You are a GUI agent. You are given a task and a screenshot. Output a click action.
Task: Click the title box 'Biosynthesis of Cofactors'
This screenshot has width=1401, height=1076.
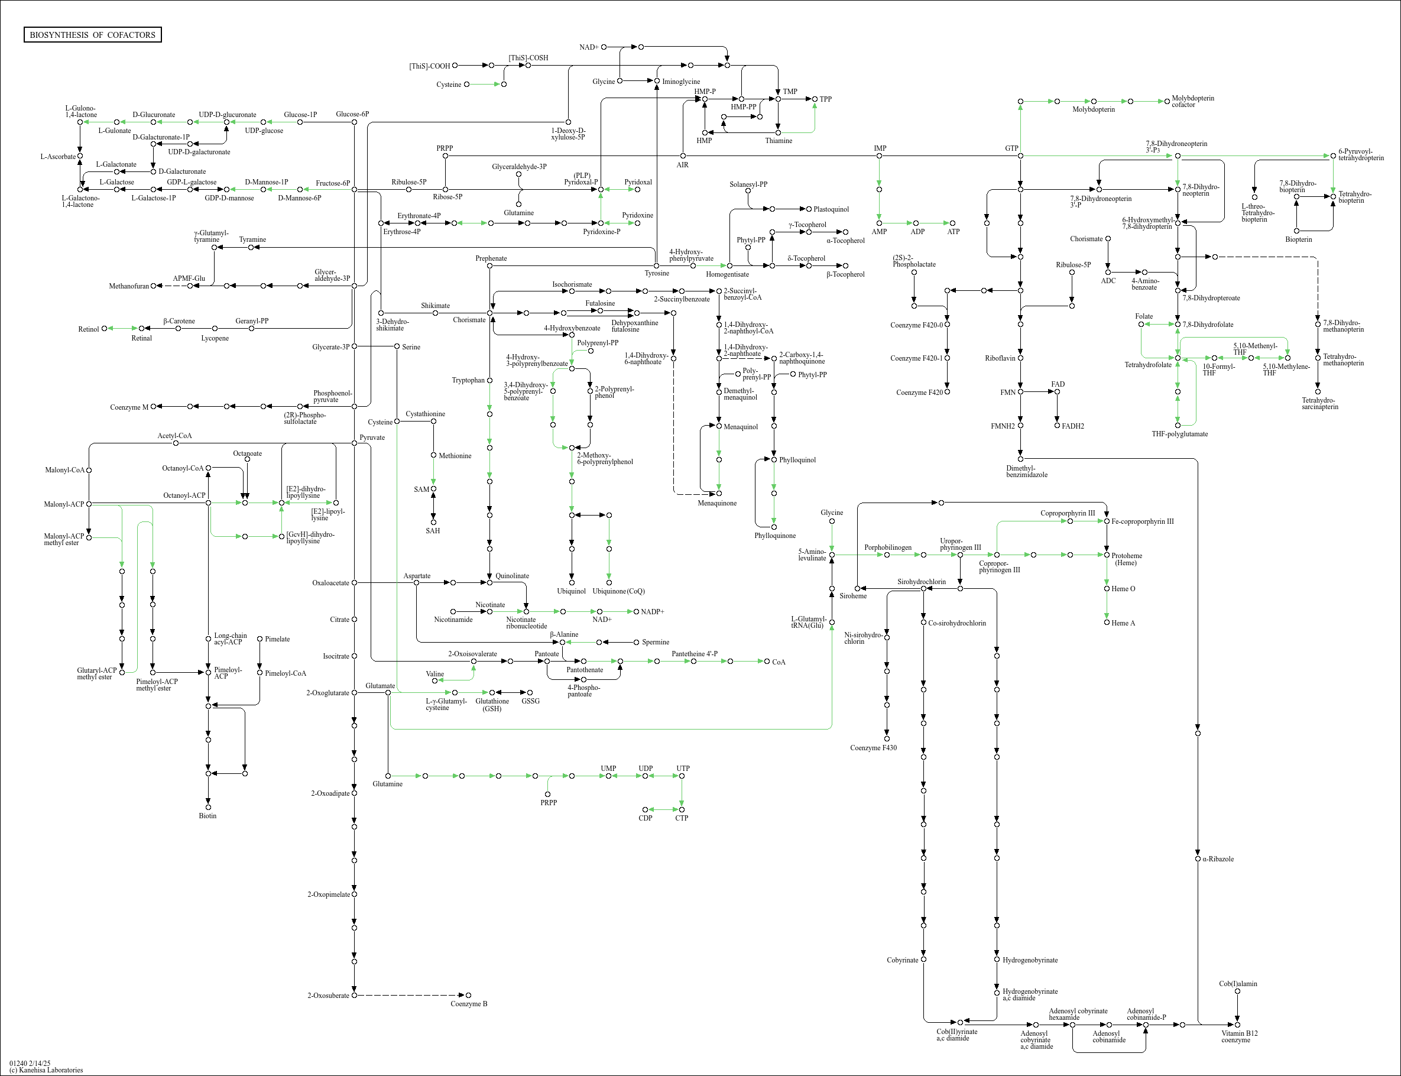(92, 34)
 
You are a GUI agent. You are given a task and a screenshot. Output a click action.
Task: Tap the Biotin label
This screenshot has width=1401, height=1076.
(207, 815)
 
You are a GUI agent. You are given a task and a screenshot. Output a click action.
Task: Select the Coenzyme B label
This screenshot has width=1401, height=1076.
(469, 1004)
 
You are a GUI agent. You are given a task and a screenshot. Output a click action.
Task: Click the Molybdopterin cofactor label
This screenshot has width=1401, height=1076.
(1192, 101)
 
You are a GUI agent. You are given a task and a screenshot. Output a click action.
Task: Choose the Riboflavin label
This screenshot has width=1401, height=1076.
(1001, 358)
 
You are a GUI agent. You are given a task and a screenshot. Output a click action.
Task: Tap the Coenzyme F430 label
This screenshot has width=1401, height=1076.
(873, 747)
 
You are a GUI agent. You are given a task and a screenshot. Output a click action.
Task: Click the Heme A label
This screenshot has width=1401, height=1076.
(1123, 623)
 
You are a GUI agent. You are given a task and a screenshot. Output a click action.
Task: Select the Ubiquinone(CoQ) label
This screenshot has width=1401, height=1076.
(618, 591)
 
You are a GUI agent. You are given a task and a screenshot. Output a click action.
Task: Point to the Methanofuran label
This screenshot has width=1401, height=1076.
(129, 286)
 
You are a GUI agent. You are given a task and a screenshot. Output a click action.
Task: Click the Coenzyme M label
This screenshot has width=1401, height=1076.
(129, 407)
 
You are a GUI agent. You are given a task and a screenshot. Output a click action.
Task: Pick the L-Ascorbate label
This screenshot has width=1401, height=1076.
(57, 156)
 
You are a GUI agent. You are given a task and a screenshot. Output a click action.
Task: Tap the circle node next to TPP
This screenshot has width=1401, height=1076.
(815, 99)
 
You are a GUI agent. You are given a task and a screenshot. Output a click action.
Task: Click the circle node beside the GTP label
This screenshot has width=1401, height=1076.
(1020, 155)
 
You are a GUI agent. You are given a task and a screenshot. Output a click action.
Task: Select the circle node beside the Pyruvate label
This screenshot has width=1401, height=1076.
(354, 443)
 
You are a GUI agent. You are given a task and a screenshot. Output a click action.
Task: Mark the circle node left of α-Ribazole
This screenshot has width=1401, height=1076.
(1198, 859)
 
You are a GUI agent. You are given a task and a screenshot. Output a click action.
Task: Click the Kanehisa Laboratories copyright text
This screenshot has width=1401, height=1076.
(46, 1069)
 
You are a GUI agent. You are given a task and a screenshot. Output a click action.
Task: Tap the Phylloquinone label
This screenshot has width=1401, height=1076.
(775, 536)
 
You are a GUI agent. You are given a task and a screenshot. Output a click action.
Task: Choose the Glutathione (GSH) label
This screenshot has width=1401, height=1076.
(492, 705)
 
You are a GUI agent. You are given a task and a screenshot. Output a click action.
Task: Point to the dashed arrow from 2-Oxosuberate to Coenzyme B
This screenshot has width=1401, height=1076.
(410, 996)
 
